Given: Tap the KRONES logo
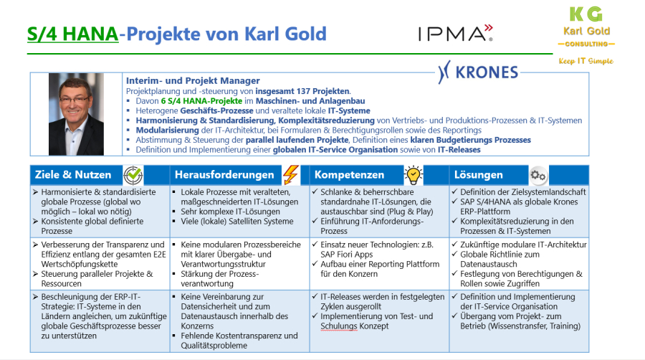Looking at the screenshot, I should [478, 72].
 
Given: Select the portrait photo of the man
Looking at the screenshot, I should [76, 114].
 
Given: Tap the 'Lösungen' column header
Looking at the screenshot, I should [479, 175].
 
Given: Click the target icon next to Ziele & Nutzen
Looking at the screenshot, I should [133, 175].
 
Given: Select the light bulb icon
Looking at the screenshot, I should [414, 175].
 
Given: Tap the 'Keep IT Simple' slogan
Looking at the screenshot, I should [586, 61].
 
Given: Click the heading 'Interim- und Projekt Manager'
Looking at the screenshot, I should [193, 80].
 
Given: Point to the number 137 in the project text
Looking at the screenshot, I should [327, 91].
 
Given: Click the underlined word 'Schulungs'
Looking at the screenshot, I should [339, 326].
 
